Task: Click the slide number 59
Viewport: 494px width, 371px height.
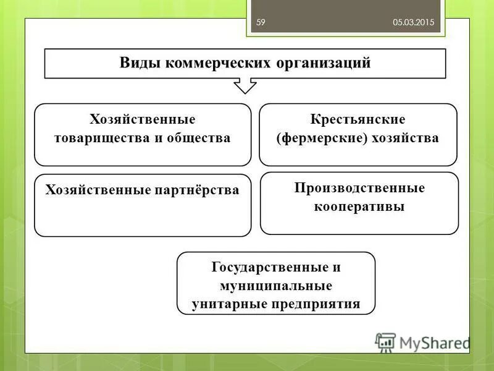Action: tap(261, 22)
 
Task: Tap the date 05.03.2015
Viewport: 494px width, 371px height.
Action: tap(414, 22)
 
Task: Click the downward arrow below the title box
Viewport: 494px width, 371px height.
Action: tap(245, 85)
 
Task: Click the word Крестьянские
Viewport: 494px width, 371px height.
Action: tap(358, 119)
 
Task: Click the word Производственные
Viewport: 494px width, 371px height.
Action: tap(359, 187)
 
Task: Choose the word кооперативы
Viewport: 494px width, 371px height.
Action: tap(359, 206)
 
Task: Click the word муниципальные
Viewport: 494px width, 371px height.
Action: tap(275, 286)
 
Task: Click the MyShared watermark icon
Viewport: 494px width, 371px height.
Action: tap(386, 342)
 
